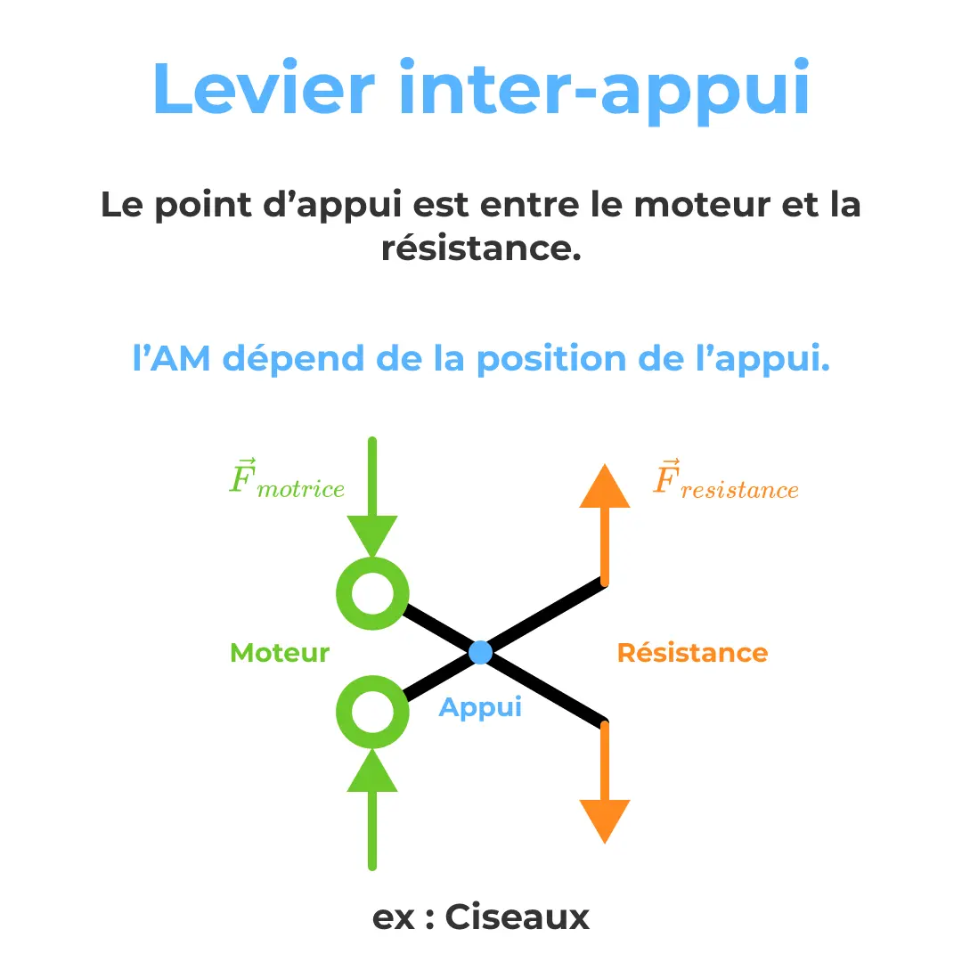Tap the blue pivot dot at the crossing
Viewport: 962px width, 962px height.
point(480,652)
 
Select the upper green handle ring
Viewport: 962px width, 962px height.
point(372,594)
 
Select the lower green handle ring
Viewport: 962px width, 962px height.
point(372,712)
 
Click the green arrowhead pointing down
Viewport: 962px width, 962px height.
point(372,538)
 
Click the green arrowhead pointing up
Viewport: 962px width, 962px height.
point(372,769)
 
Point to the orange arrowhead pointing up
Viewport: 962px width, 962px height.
point(605,487)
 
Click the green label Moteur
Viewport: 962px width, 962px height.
point(280,653)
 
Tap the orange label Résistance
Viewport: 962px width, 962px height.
point(692,653)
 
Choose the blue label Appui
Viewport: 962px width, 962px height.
point(480,708)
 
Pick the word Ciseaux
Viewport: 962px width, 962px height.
point(518,917)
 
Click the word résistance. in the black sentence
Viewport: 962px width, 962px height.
point(481,249)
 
